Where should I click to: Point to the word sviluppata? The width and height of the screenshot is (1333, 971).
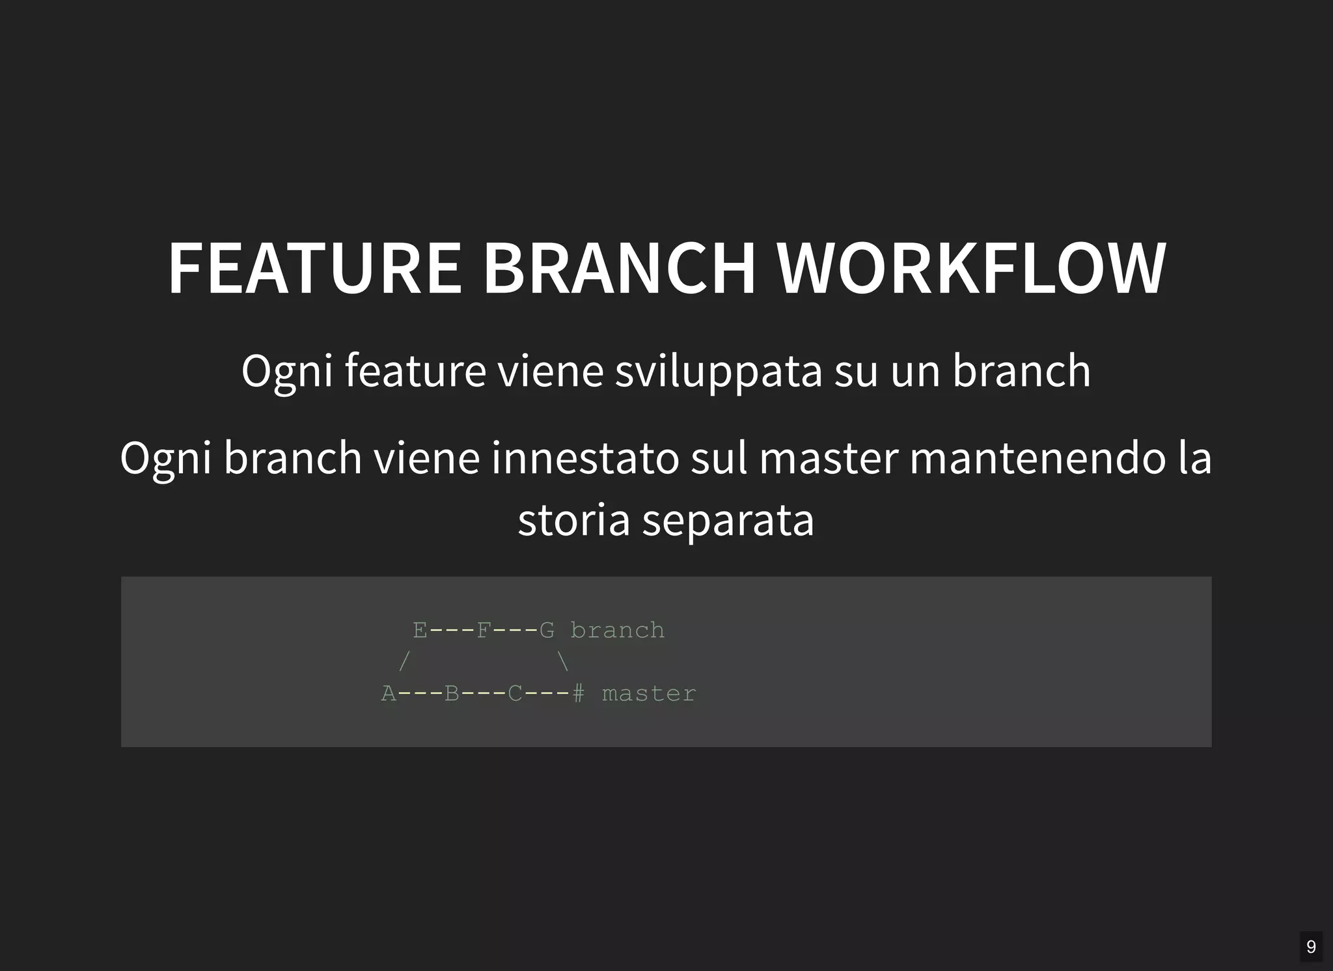(x=718, y=372)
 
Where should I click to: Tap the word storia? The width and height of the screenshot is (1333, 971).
(x=573, y=520)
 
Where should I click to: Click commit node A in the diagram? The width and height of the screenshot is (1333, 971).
(x=389, y=694)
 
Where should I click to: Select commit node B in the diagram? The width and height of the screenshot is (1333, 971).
(x=452, y=694)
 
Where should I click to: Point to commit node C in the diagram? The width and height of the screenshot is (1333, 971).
(x=515, y=694)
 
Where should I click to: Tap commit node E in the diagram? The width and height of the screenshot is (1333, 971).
(x=420, y=630)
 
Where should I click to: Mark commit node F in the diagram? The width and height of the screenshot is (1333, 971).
(x=483, y=630)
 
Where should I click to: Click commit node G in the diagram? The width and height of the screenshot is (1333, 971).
(x=547, y=630)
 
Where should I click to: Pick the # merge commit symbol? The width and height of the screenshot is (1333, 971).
(x=578, y=694)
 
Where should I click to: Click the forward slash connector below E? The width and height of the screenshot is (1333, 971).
(x=404, y=662)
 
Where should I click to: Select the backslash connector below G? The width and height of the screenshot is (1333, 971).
(x=563, y=662)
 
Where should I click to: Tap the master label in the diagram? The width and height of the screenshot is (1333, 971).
(x=649, y=694)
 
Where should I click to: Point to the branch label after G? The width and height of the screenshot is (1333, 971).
(x=618, y=630)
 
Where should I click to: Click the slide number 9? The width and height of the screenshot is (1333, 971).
(x=1311, y=946)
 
